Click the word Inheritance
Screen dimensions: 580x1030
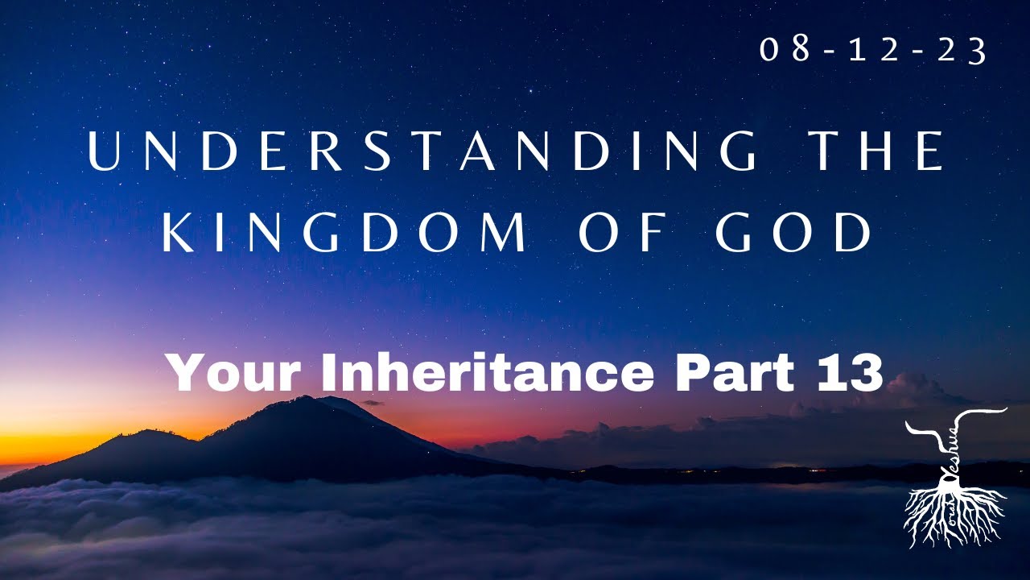click(x=488, y=372)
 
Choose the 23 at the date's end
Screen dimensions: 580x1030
click(x=965, y=51)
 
